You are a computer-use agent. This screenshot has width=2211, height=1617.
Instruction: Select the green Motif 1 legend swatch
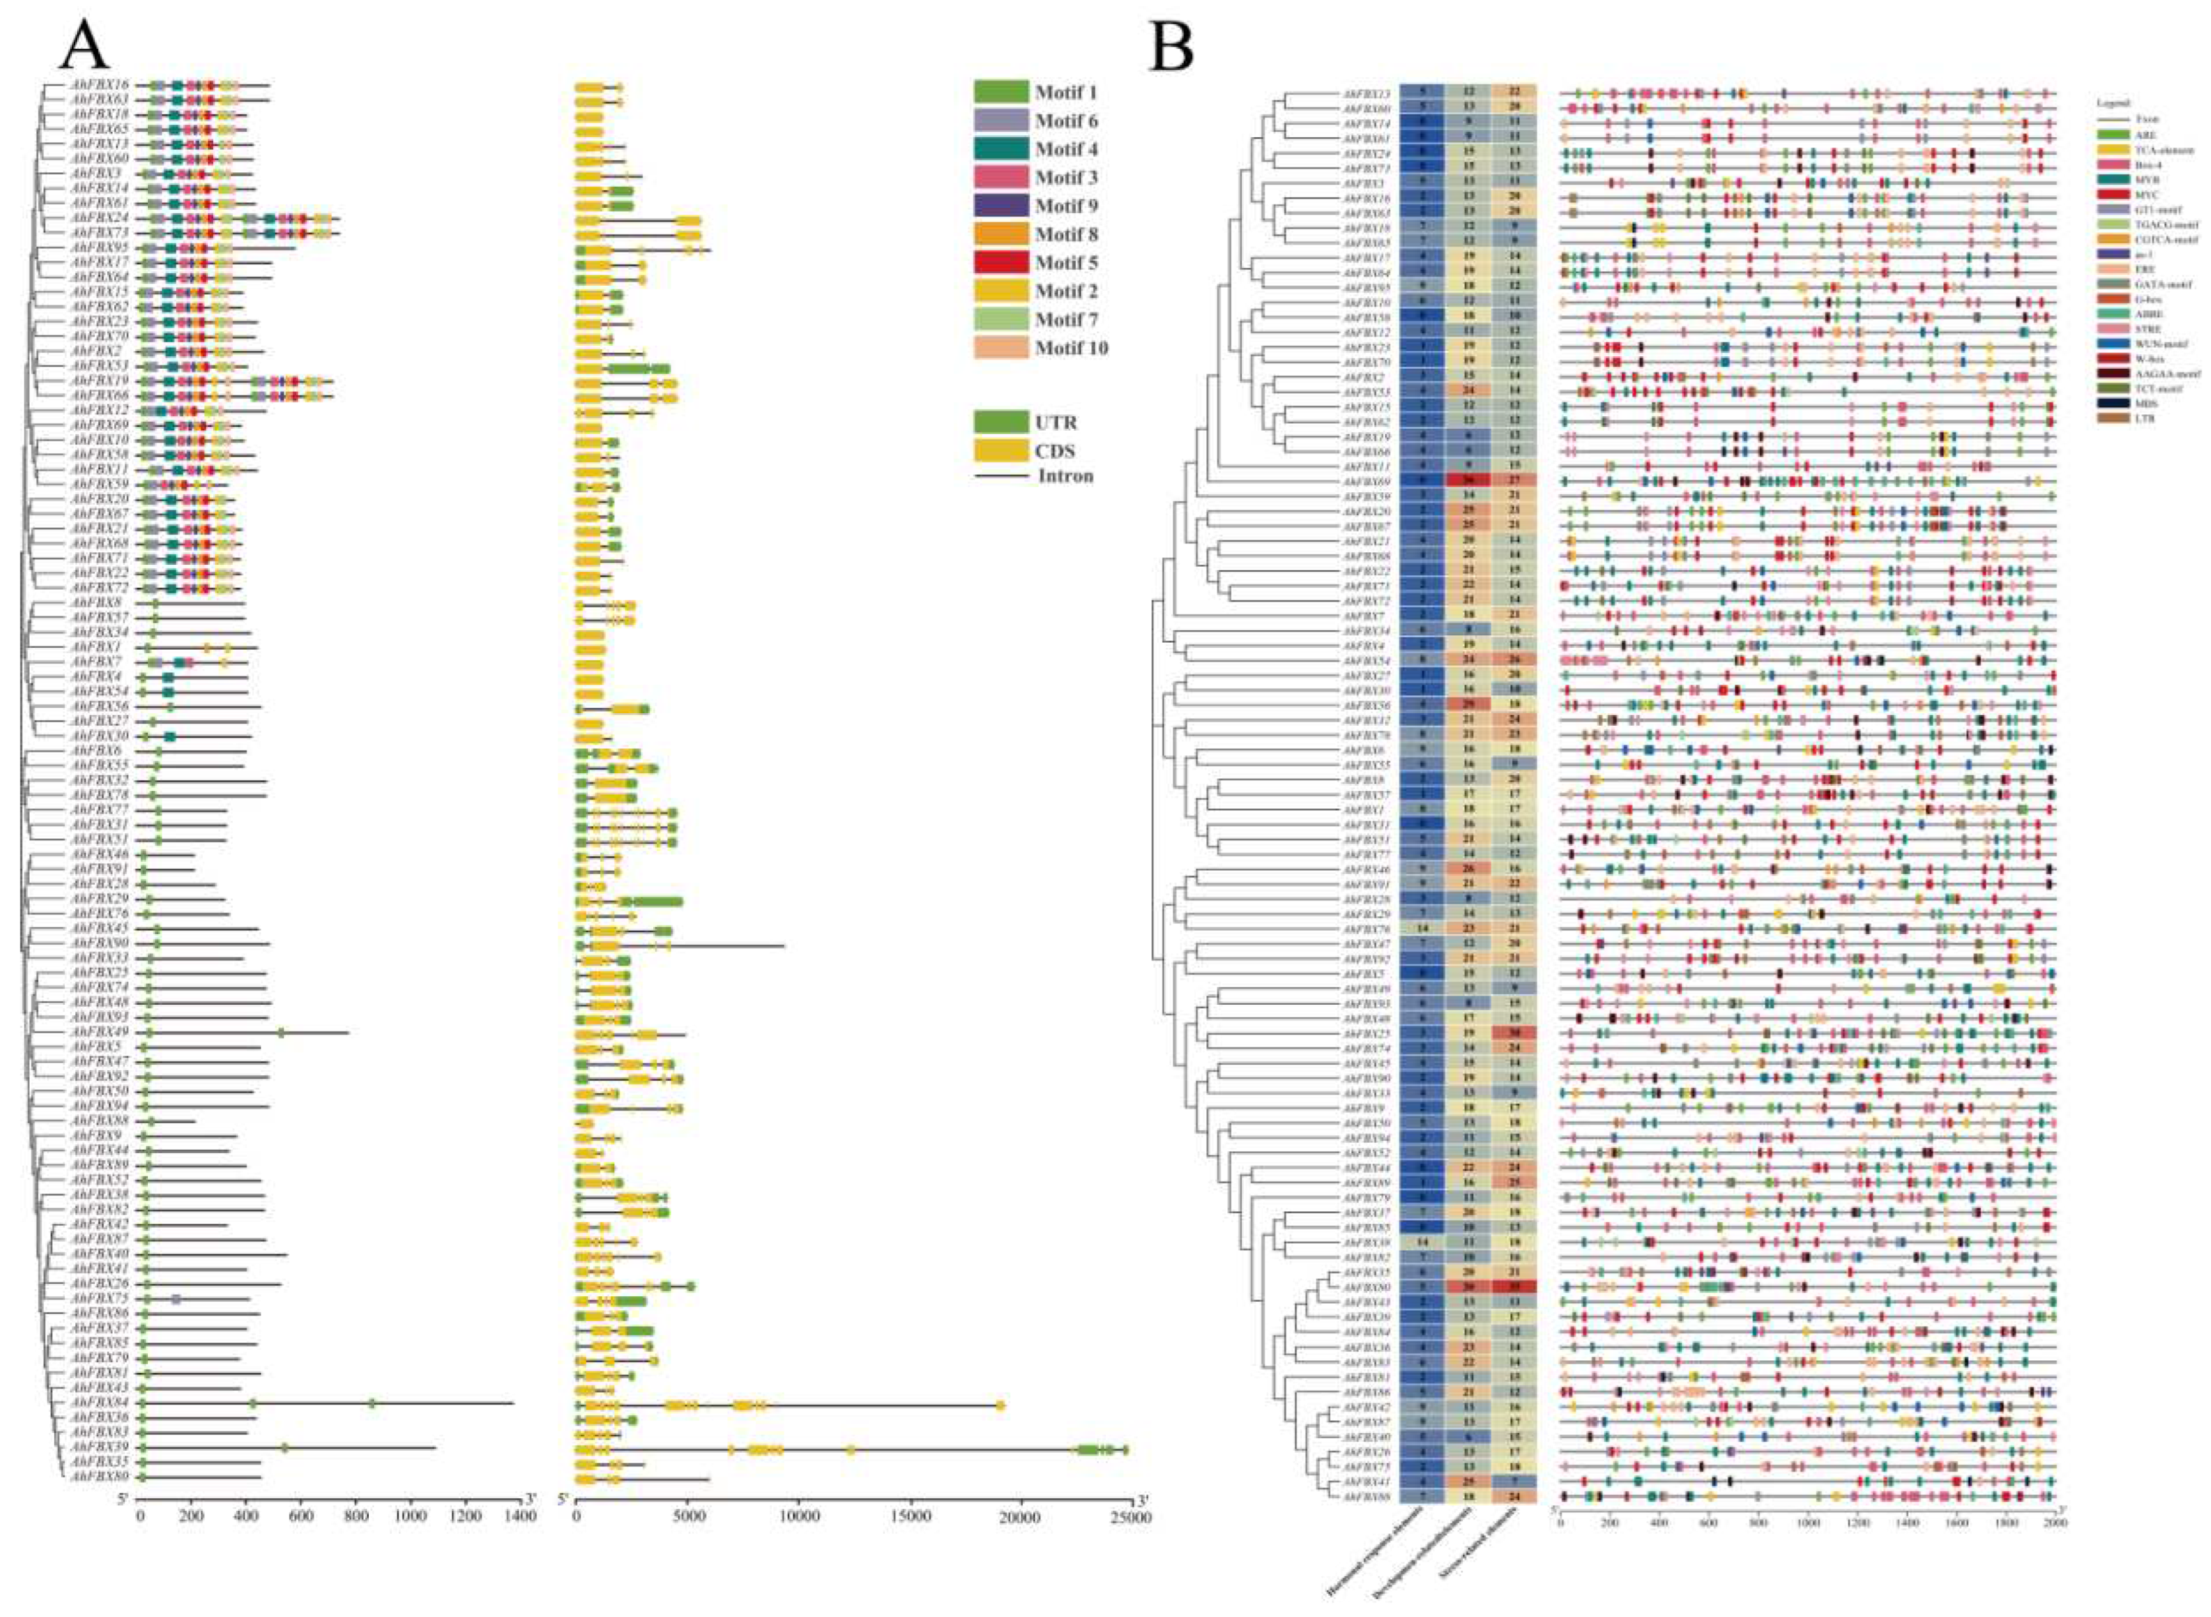tap(1000, 92)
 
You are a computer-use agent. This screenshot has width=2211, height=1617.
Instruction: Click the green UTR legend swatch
tap(1000, 422)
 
